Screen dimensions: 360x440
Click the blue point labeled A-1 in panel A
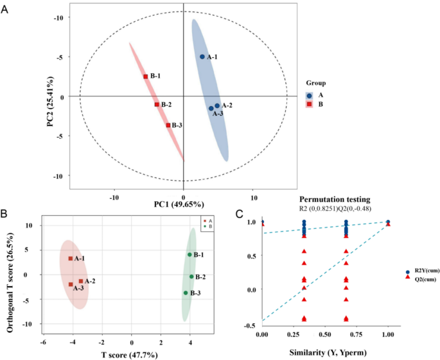coord(202,57)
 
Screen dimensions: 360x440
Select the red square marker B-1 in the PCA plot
coord(146,76)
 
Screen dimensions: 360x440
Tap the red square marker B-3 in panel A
coord(168,125)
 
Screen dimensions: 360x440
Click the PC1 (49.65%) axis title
coord(179,204)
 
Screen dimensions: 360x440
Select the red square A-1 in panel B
coord(71,258)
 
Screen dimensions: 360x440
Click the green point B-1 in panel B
coord(189,255)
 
